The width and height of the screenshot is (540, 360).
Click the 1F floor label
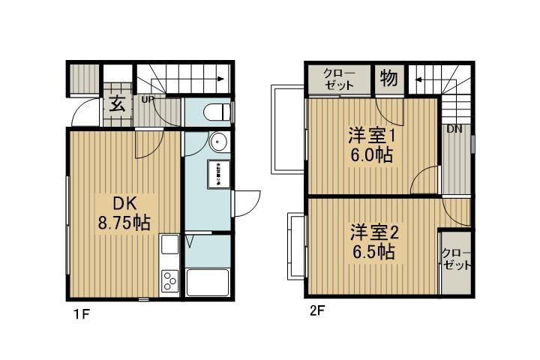pyautogui.click(x=82, y=313)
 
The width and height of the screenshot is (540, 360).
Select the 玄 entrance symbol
pyautogui.click(x=117, y=103)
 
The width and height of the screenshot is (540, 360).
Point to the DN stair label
pyautogui.click(x=454, y=129)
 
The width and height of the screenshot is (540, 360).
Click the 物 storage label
pyautogui.click(x=388, y=78)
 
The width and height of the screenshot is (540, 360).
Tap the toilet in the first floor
pyautogui.click(x=214, y=112)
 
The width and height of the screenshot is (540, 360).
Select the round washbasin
pyautogui.click(x=218, y=142)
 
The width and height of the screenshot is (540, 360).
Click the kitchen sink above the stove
pyautogui.click(x=168, y=245)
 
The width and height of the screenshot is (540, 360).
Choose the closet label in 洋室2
pyautogui.click(x=456, y=259)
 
